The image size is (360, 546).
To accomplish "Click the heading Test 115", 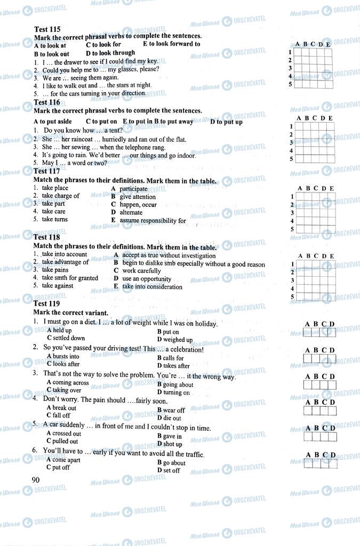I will click(x=47, y=29).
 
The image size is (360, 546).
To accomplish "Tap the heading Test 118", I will click(x=47, y=237).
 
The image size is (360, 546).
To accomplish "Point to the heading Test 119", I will click(x=47, y=304).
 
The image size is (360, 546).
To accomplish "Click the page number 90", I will click(x=36, y=479).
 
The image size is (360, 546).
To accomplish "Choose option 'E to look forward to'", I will click(x=171, y=44).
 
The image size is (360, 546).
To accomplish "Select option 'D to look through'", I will click(x=110, y=53).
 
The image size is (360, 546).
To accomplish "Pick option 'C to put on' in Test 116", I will click(x=101, y=122).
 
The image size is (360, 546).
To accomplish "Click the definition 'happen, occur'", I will click(x=138, y=205).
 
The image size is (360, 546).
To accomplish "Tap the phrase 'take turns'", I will click(x=54, y=219).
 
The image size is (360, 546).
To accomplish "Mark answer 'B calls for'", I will click(x=170, y=358).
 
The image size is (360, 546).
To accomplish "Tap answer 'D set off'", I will click(x=169, y=471).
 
